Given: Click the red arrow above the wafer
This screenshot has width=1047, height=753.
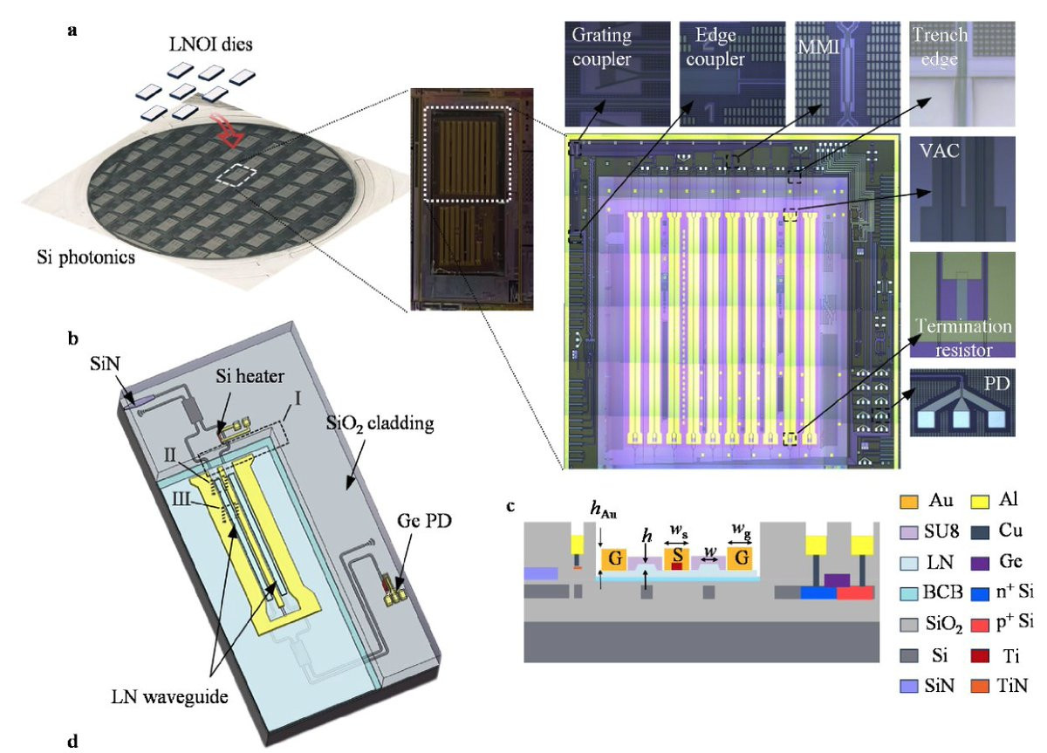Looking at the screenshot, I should [x=229, y=131].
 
